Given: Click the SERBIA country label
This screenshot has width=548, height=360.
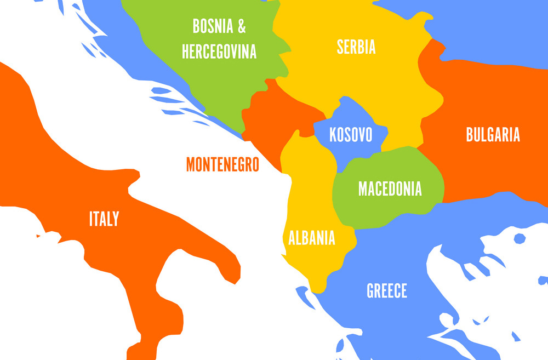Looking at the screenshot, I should tap(356, 47).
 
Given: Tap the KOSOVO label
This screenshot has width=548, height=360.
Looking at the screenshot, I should tap(351, 135).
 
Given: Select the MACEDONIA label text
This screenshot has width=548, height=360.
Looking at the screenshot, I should tap(390, 188).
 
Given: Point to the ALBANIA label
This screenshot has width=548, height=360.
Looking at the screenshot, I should tap(311, 238).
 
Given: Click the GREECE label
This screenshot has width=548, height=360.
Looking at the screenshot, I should tap(387, 291).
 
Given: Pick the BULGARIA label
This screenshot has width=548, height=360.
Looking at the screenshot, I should tap(493, 135).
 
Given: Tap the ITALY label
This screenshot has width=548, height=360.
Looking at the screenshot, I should tap(104, 220).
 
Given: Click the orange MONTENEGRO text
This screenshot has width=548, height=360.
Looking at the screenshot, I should tap(222, 164).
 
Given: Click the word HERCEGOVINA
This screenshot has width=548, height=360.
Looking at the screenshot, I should tap(219, 52).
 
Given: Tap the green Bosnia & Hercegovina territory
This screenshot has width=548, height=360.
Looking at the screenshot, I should tap(208, 82).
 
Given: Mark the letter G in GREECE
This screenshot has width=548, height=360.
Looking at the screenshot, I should tap(370, 291).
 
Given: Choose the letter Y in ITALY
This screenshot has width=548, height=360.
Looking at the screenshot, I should tap(115, 220).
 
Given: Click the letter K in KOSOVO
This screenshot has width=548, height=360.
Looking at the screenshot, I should tap(333, 135).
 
